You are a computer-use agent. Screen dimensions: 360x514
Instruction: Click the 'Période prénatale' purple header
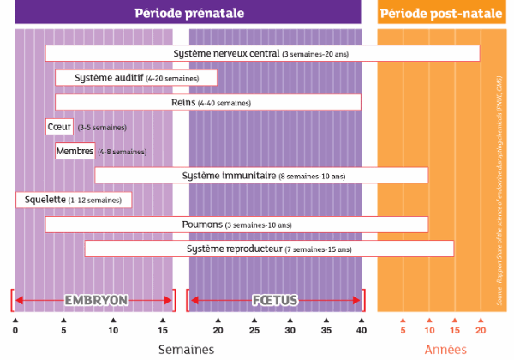click(x=188, y=13)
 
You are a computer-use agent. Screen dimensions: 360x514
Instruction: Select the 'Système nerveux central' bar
click(x=262, y=53)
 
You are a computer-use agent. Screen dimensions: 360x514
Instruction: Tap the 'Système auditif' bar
click(x=136, y=78)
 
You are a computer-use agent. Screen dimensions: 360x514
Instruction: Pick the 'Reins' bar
click(x=208, y=103)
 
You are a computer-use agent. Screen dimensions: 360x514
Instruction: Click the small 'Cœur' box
click(x=59, y=127)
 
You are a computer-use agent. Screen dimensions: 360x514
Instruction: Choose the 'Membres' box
click(x=75, y=151)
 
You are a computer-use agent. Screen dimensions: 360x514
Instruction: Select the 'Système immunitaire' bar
click(x=261, y=176)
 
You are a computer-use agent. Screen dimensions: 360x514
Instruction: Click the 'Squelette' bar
click(x=75, y=200)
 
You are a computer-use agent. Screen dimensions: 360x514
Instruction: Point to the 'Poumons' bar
click(x=236, y=225)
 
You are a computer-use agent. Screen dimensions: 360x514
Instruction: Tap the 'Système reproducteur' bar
click(x=269, y=249)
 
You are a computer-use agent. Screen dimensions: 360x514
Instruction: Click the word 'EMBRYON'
click(x=96, y=300)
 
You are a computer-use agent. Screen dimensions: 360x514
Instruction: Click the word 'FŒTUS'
click(x=275, y=300)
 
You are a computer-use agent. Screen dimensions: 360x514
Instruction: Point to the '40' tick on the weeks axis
click(x=361, y=329)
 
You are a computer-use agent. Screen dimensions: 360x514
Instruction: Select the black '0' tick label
click(x=15, y=329)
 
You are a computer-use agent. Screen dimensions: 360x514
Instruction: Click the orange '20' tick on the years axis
click(x=481, y=329)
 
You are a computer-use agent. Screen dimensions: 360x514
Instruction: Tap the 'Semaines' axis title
click(x=186, y=349)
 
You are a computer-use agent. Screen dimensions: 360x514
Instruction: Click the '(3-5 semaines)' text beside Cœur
click(x=101, y=128)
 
